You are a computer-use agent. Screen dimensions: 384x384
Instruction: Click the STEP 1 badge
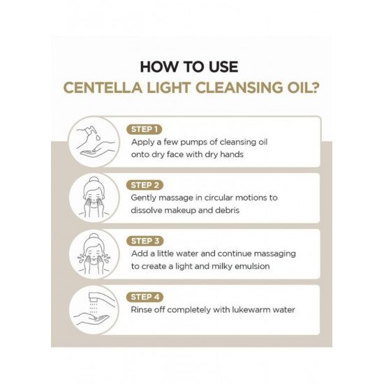[x=145, y=129]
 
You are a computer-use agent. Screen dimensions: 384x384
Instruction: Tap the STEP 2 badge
[x=145, y=185]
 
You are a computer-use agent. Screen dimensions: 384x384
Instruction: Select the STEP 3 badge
[x=145, y=241]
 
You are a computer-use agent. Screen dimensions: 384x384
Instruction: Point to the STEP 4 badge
[x=145, y=297]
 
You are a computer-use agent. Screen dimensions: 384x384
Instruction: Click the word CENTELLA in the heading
[x=103, y=88]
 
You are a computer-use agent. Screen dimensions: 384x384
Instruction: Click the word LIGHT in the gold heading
[x=169, y=88]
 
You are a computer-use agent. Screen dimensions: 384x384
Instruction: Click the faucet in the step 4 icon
[x=101, y=297]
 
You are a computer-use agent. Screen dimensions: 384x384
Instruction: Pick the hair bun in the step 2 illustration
[x=94, y=179]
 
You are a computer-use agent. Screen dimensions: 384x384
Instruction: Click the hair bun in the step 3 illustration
[x=94, y=236]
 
